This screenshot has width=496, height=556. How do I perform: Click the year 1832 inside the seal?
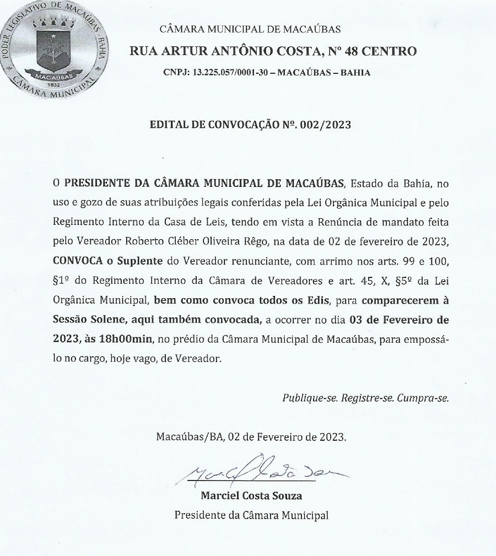[x=53, y=84]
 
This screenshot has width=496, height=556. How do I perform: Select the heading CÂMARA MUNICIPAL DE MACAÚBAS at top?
[x=250, y=29]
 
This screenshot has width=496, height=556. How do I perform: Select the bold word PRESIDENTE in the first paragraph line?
[x=95, y=182]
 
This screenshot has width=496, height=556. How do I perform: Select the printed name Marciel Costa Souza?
[x=251, y=495]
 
